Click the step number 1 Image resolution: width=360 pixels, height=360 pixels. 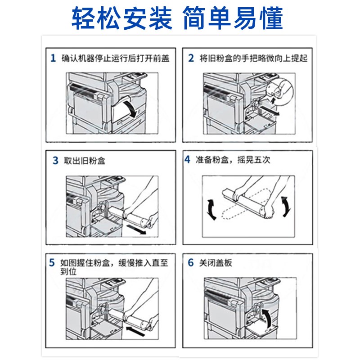(53, 58)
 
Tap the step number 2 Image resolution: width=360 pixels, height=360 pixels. (191, 58)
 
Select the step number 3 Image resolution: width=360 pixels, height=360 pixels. (55, 161)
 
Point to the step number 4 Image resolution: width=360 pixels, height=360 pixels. (187, 159)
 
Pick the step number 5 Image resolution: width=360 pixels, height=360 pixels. (52, 262)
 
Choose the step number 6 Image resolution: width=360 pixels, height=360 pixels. (191, 262)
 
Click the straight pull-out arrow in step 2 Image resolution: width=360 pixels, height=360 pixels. (270, 110)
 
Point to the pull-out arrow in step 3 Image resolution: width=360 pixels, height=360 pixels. (136, 229)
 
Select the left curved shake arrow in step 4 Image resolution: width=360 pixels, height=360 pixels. (211, 210)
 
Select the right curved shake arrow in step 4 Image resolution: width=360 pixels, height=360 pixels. (286, 207)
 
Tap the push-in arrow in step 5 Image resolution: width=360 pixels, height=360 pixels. (135, 331)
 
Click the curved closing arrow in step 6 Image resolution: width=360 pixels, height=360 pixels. (267, 318)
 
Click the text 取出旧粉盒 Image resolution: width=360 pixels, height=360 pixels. (85, 161)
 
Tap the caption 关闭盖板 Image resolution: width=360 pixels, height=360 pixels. (216, 263)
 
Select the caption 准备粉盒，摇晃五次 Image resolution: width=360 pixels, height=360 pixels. (233, 160)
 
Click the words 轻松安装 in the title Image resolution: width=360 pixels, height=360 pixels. (122, 18)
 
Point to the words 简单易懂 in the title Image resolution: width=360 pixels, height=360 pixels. (233, 18)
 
